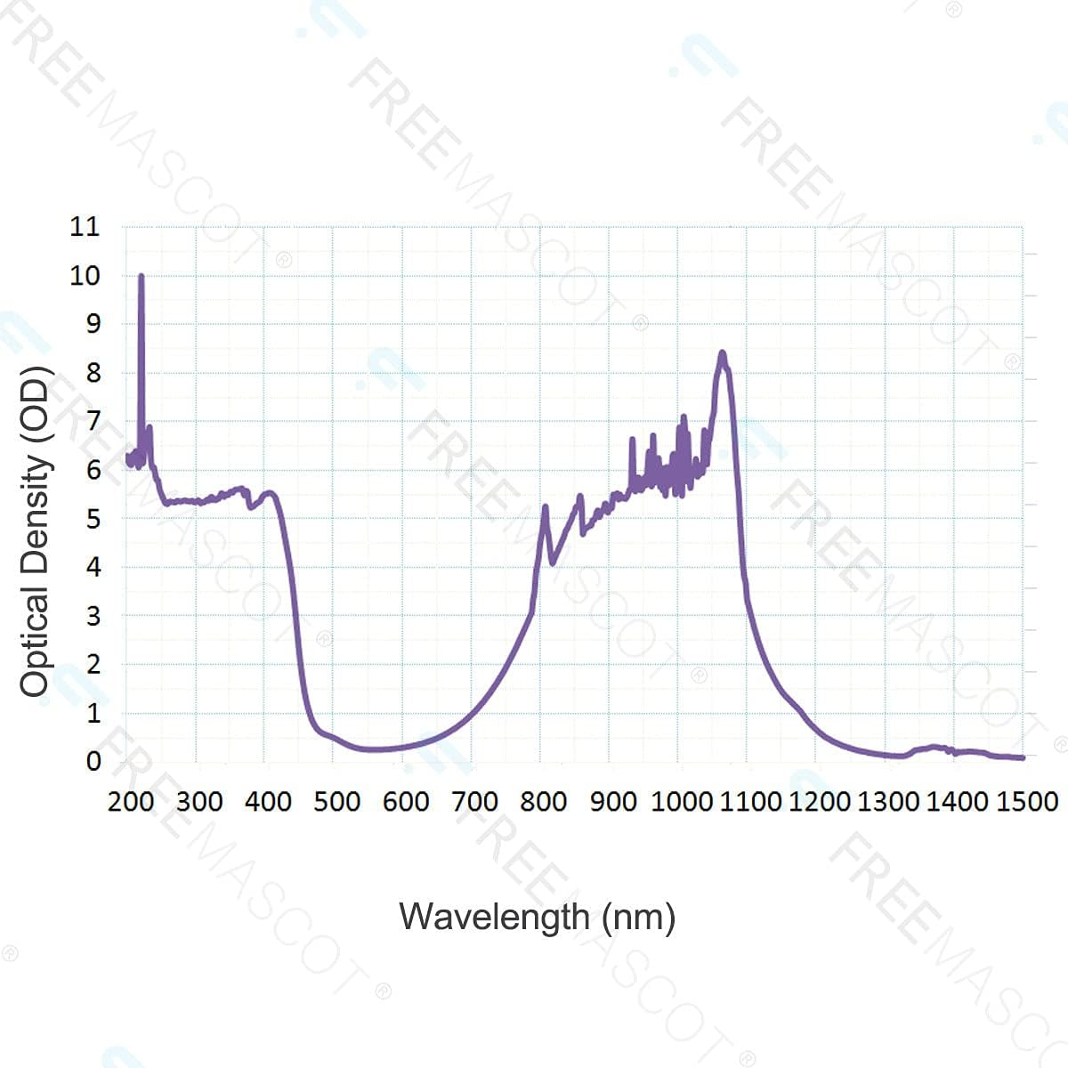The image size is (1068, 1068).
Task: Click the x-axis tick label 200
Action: coord(131,801)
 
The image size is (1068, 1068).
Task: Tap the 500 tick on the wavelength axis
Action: coord(336,801)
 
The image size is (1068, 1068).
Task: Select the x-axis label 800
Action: coord(543,801)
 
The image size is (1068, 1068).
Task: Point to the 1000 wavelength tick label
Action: coord(682,801)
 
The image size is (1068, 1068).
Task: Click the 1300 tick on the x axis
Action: coord(888,801)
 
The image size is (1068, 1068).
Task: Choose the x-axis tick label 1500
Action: coord(1026,801)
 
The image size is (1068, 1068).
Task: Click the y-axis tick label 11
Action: coord(85,227)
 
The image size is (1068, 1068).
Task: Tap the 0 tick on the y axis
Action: coord(93,761)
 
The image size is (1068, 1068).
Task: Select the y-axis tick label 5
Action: coord(93,518)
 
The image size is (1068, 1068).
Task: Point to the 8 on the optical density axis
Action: coord(93,373)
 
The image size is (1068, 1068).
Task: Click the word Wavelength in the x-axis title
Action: coord(494,917)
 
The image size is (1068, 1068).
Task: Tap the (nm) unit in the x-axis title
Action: coord(638,917)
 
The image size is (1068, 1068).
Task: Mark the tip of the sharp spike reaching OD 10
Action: coord(142,276)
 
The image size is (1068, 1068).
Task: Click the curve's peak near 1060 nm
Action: coord(722,353)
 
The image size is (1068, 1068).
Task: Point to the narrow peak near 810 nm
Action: coord(545,506)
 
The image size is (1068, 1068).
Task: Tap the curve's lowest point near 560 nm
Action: coord(374,749)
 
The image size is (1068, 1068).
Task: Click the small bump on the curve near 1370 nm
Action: coord(933,747)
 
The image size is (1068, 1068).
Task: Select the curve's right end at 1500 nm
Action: coord(1023,757)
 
